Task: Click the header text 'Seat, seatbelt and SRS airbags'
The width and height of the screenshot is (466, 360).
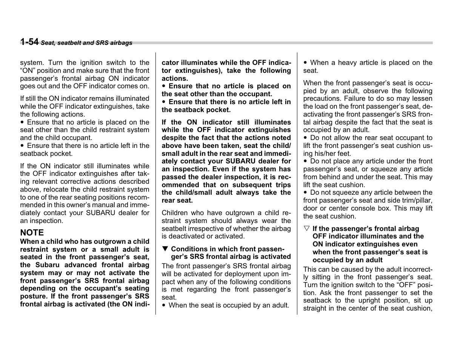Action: click(x=86, y=43)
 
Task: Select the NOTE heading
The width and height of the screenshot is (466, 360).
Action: click(x=32, y=232)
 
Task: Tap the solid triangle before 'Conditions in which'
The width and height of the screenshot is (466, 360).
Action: click(x=165, y=249)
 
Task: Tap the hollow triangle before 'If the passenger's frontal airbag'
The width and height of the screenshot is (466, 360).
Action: click(x=306, y=229)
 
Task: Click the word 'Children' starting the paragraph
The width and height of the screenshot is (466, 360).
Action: click(x=174, y=213)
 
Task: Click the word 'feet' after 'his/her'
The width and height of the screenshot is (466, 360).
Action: click(x=344, y=154)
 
